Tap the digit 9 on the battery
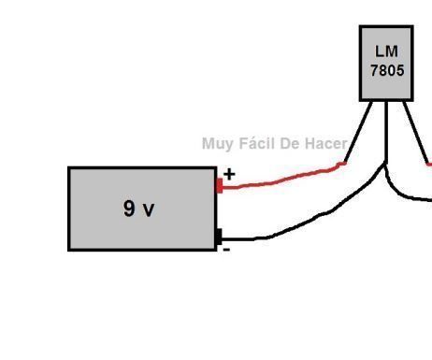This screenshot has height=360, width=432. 129,209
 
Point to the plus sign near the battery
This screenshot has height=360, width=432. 229,174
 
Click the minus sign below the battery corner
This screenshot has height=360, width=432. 225,249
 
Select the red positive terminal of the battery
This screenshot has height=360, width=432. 220,184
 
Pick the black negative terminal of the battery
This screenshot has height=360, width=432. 218,237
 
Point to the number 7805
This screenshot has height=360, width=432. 386,69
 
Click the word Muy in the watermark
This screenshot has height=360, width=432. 216,144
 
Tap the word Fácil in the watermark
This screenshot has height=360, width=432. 256,143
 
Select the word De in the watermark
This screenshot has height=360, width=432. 293,143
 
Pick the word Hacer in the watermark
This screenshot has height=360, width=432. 327,143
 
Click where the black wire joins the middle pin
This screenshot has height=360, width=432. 385,166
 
